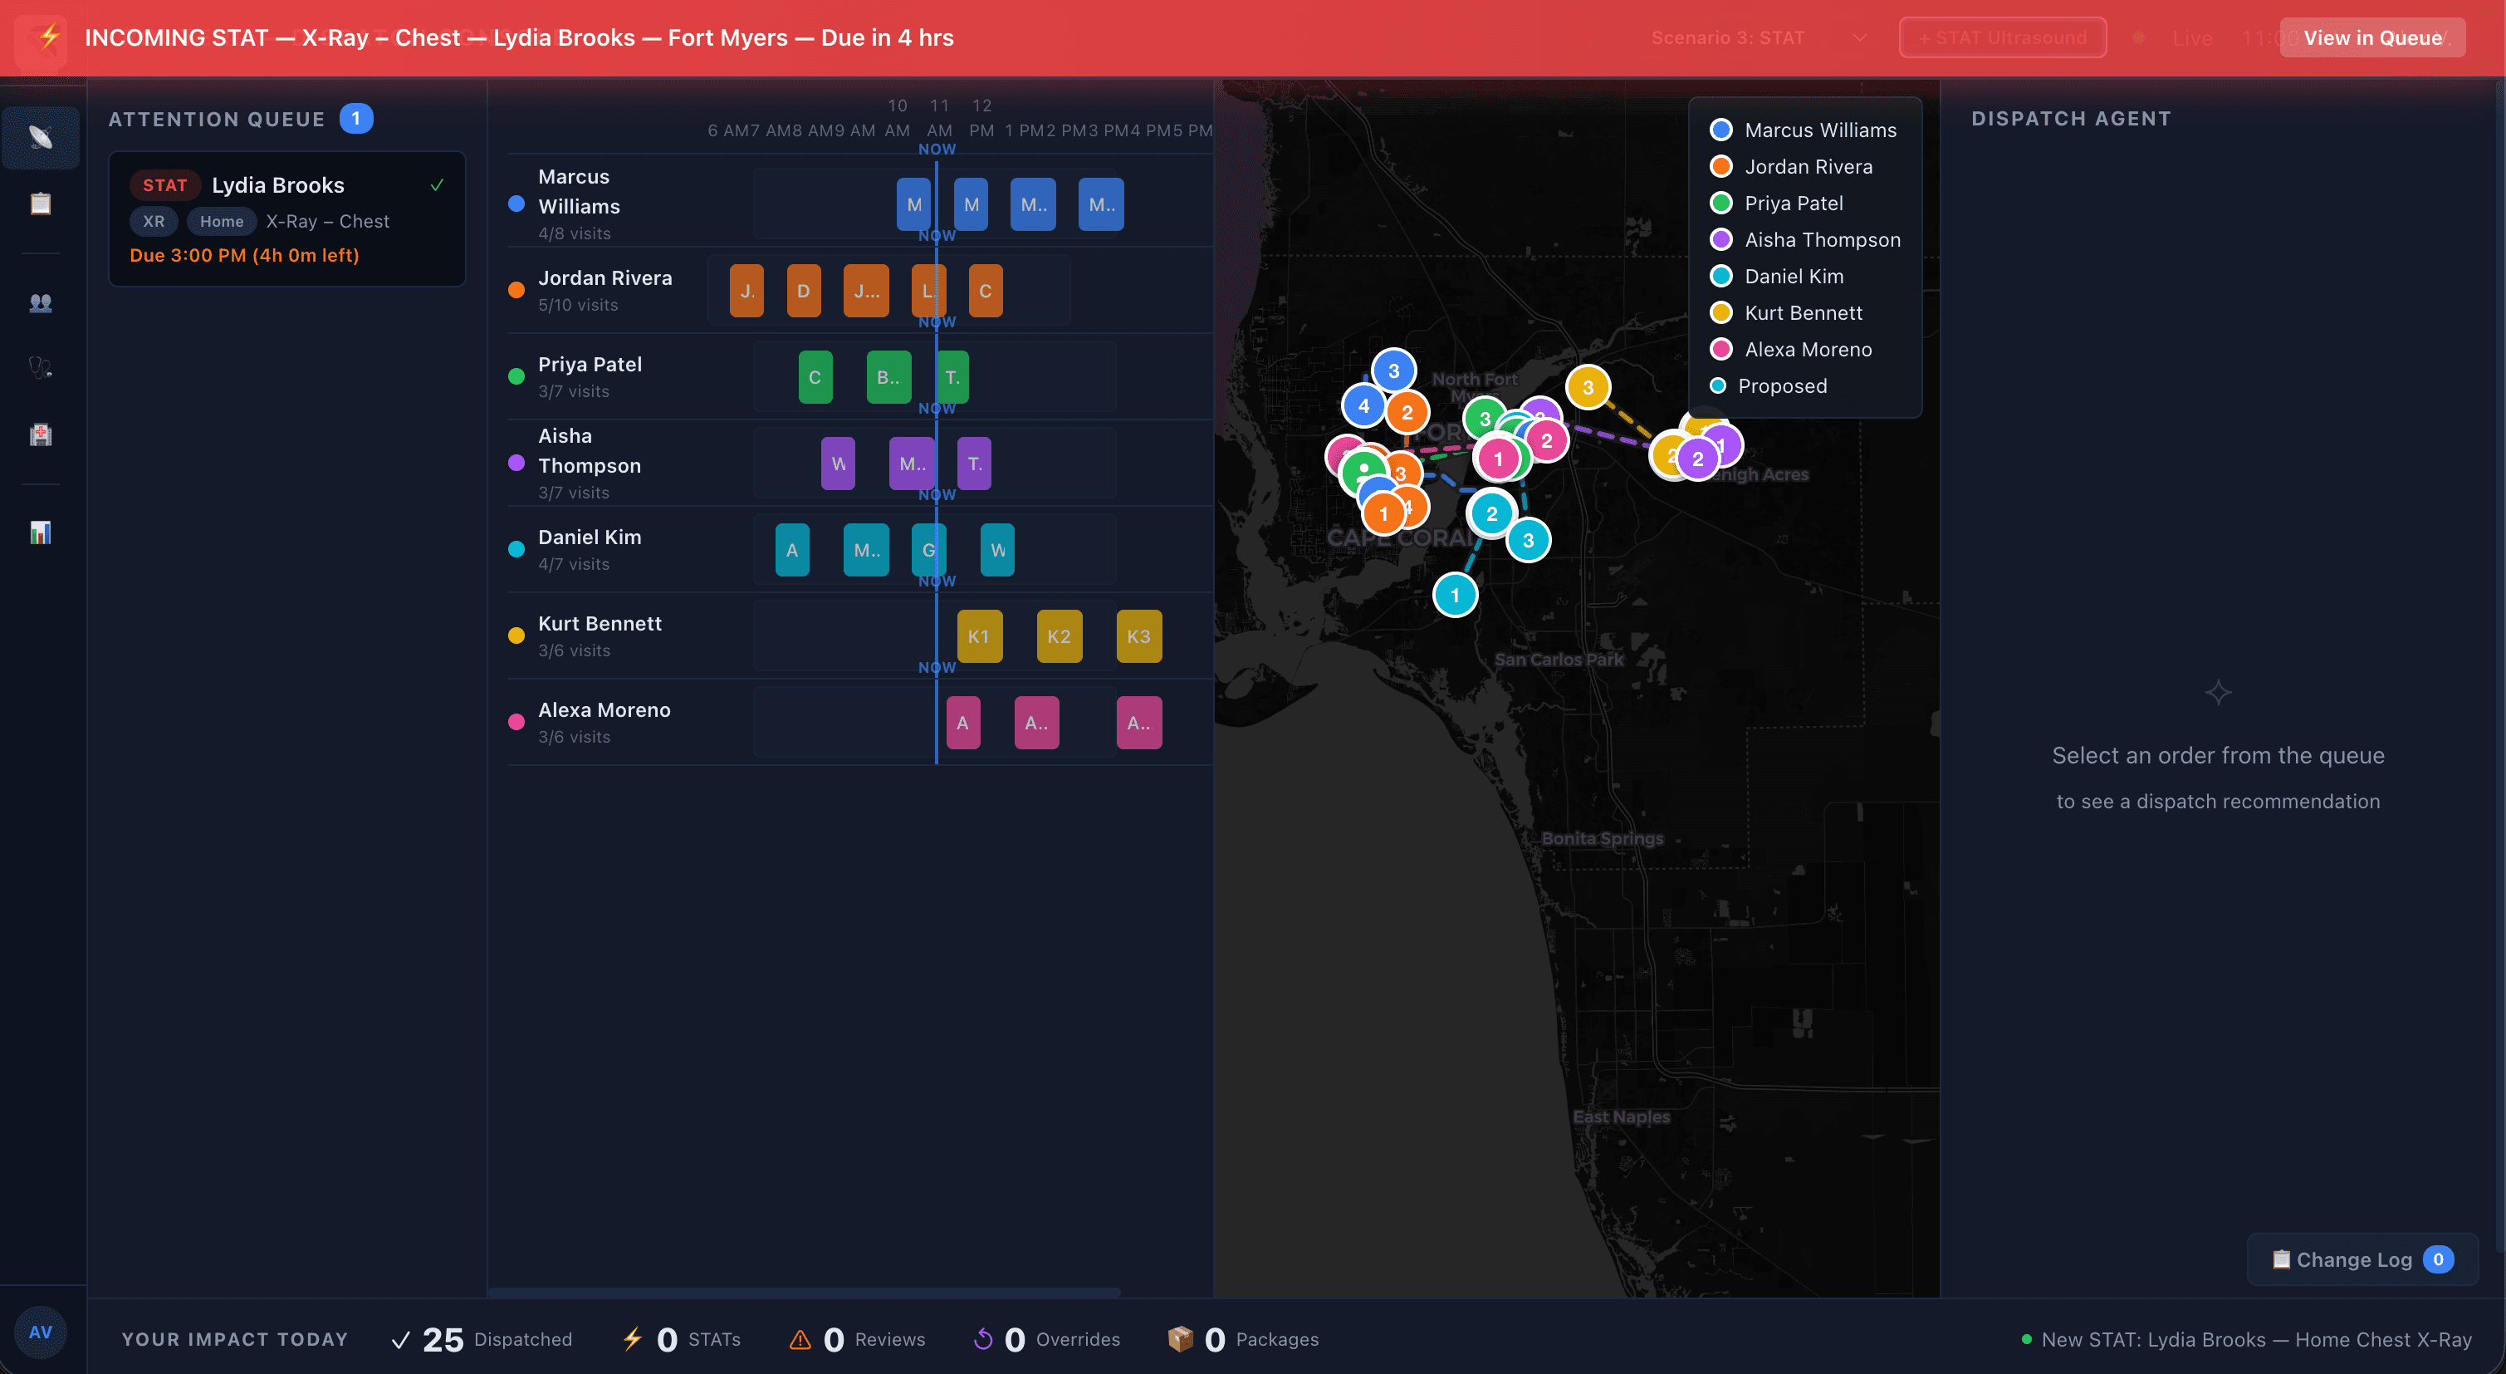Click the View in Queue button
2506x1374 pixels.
[2371, 38]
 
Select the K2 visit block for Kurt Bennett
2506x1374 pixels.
[1059, 636]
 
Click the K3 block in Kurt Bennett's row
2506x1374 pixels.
[1138, 636]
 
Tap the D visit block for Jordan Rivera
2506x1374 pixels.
[803, 291]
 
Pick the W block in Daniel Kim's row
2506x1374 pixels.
[997, 550]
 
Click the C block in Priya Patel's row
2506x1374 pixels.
[815, 377]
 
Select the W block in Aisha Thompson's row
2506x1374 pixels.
[838, 464]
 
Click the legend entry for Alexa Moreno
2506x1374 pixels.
[1807, 350]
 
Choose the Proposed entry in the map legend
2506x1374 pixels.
[1781, 386]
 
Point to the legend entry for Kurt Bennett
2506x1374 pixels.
[1803, 313]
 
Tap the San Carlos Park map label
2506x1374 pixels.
[1559, 660]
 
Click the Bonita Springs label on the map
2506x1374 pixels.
[1601, 839]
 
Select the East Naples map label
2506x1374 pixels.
[1621, 1117]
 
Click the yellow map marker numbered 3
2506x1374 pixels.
[1588, 387]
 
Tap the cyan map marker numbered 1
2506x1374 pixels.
[1455, 595]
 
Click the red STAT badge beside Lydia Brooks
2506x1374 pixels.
[164, 185]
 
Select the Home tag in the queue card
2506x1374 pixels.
[222, 222]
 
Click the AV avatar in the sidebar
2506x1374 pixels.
[40, 1332]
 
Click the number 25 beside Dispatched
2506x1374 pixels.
[443, 1340]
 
